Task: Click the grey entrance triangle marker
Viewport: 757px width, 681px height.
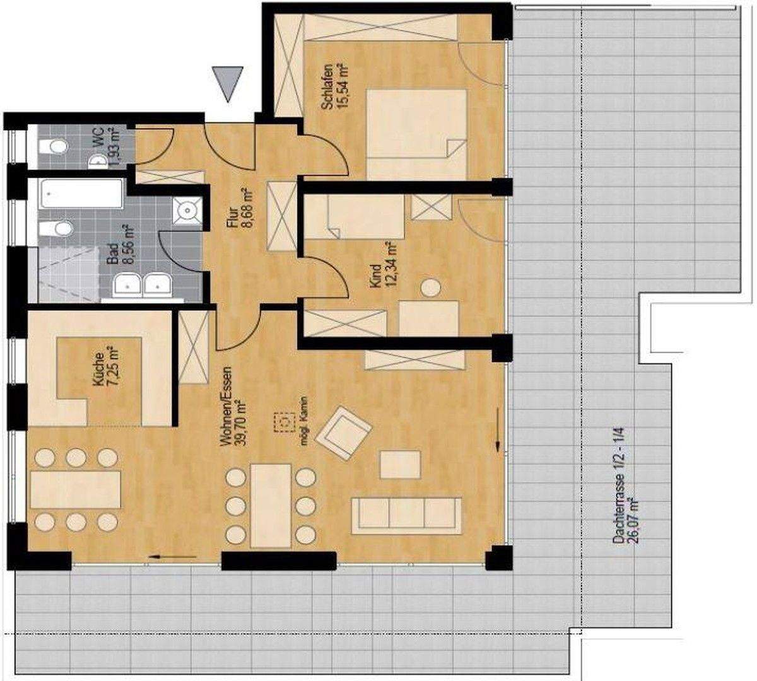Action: (x=227, y=81)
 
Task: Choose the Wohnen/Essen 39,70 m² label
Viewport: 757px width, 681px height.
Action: (x=232, y=407)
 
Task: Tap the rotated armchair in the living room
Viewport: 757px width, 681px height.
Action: (x=343, y=433)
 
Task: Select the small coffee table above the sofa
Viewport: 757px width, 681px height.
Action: (x=401, y=464)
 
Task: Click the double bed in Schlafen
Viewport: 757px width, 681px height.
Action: (x=416, y=134)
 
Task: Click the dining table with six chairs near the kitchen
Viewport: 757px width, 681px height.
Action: (x=76, y=489)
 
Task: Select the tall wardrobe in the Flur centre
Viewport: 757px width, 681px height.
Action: (x=281, y=217)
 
